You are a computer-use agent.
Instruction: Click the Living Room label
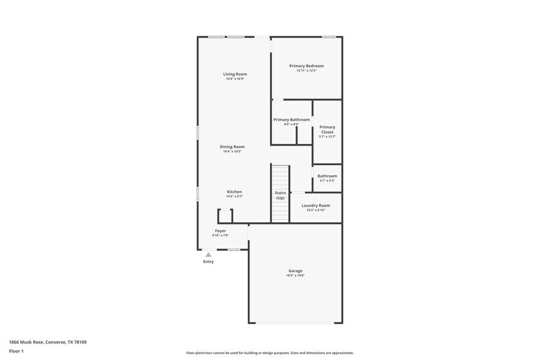[x=236, y=74]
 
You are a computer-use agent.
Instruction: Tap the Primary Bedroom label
[x=306, y=66]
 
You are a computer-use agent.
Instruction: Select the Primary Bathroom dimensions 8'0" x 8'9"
[x=291, y=124]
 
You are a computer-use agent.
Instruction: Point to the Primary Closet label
[x=328, y=129]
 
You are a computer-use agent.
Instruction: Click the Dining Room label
[x=232, y=146]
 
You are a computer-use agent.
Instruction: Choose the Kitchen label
[x=234, y=192]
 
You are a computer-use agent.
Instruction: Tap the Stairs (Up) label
[x=280, y=195]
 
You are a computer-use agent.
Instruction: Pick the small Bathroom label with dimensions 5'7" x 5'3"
[x=327, y=176]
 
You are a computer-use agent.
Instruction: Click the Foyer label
[x=220, y=231]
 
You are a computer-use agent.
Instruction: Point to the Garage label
[x=295, y=271]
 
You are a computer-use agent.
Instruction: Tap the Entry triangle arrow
[x=209, y=254]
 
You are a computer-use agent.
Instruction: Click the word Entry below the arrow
[x=209, y=262]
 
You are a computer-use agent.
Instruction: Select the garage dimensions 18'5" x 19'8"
[x=295, y=276]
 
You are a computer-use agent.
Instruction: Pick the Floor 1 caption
[x=16, y=351]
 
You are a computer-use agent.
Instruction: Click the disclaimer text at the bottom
[x=269, y=353]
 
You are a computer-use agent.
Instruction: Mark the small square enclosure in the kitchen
[x=225, y=216]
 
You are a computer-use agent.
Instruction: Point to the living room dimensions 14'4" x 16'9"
[x=236, y=79]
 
